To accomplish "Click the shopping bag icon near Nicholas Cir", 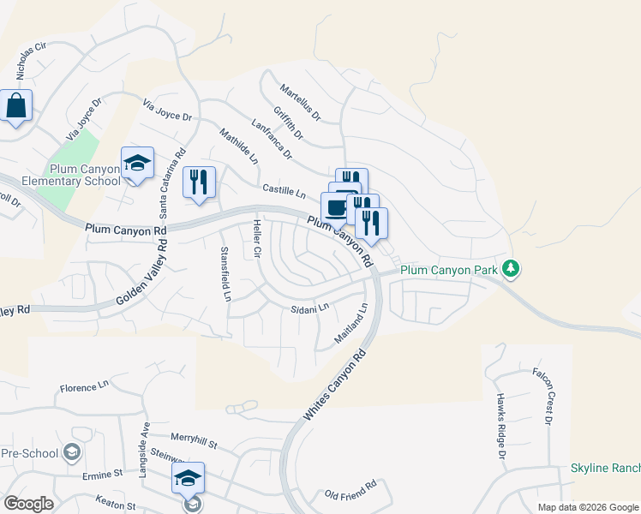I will (16, 107).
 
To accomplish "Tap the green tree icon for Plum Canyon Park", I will (511, 269).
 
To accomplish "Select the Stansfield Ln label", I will (225, 274).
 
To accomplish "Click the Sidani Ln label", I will (309, 308).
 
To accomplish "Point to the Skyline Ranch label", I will (605, 469).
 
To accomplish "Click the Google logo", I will (28, 504).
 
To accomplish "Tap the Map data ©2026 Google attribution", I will (587, 507).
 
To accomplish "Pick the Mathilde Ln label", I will (238, 146).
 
